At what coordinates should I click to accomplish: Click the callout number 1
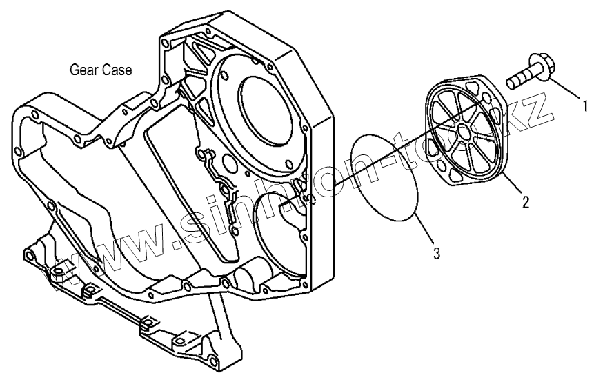point(584,107)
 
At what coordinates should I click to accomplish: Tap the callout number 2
point(525,202)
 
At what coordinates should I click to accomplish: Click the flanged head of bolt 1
point(540,68)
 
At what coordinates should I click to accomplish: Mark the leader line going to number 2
point(513,185)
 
